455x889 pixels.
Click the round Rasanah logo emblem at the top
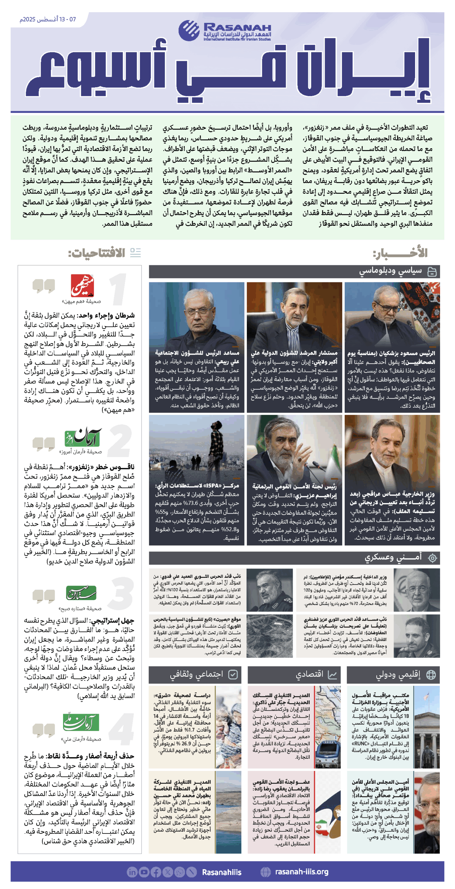point(189,30)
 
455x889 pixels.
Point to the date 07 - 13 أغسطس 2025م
point(48,19)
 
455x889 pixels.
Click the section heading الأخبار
point(400,253)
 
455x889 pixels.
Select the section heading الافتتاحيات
point(96,253)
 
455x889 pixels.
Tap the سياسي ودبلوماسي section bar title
point(390,271)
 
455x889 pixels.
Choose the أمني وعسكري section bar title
point(393,557)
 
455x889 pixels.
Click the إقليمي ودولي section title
point(398,674)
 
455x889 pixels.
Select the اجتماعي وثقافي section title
point(196,674)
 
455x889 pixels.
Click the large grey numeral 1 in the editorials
point(118,289)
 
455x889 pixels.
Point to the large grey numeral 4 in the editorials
point(122,729)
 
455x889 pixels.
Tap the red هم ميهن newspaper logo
point(82,285)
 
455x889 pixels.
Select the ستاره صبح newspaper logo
point(81,592)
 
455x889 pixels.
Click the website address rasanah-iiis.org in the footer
point(301,871)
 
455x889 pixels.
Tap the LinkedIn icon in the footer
point(132,872)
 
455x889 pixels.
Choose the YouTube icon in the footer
point(144,872)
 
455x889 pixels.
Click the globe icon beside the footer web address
point(265,872)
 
